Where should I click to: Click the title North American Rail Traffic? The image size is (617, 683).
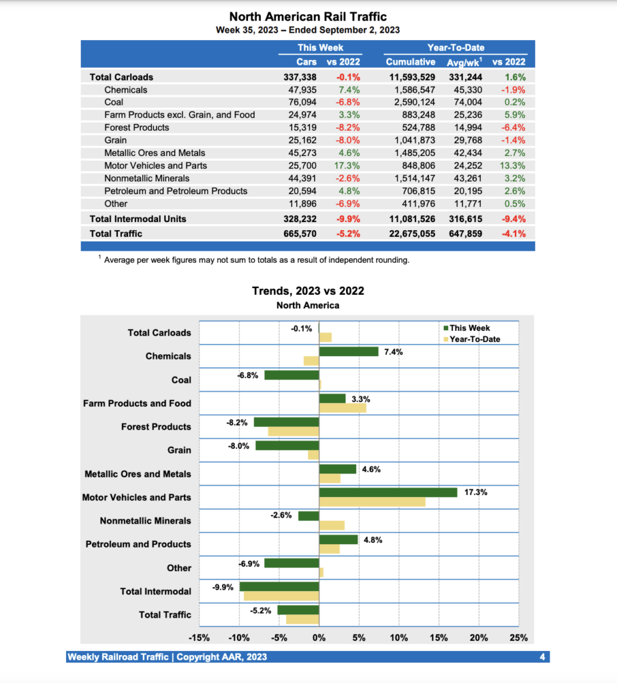click(x=307, y=17)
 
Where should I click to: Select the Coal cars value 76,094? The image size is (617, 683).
click(x=301, y=102)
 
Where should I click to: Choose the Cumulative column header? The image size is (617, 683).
click(x=410, y=62)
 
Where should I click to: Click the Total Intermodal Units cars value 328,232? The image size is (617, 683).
click(x=300, y=219)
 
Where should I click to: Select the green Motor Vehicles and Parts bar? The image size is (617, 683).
click(x=388, y=492)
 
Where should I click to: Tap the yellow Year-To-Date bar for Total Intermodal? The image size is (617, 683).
click(x=281, y=596)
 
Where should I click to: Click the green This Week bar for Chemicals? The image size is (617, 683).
click(x=349, y=352)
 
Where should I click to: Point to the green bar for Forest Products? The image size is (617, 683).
click(x=286, y=422)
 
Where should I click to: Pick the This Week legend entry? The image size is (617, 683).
click(x=470, y=328)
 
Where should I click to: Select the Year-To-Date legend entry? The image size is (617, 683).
click(x=474, y=339)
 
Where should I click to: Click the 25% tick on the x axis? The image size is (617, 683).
click(x=518, y=638)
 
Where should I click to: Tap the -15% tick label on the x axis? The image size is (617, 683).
click(x=200, y=638)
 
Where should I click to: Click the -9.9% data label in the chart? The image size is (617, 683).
click(x=223, y=587)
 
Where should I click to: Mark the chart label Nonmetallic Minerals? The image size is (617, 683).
click(x=145, y=521)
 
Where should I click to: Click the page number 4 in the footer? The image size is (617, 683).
click(x=542, y=657)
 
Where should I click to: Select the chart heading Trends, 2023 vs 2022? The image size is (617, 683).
click(x=307, y=291)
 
